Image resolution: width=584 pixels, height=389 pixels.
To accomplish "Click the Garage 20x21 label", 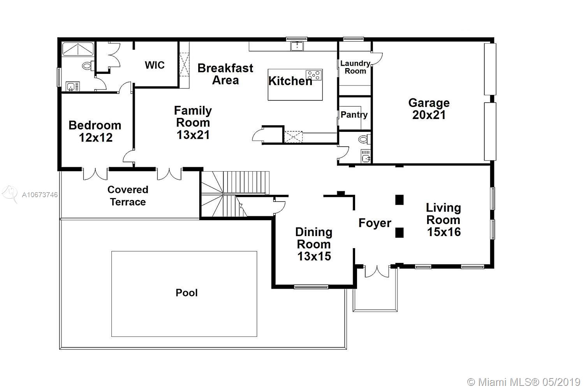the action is point(429,109).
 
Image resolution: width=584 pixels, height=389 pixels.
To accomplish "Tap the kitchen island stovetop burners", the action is point(314,75).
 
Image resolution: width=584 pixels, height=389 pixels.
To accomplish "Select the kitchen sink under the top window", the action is point(297,46).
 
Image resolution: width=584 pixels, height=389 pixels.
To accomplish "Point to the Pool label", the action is point(186,293).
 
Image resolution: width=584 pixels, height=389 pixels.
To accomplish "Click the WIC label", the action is point(155,65).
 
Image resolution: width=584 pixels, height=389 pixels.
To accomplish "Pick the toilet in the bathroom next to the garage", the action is point(364,139).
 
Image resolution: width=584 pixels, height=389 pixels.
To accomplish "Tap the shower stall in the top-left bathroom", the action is point(78,49).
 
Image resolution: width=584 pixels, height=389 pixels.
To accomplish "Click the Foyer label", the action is point(375,223).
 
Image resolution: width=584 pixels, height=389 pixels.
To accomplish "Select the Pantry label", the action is point(354,115).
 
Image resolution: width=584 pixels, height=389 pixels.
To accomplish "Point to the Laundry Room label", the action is point(355,67).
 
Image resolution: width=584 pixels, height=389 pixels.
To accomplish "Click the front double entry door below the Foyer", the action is point(377,271).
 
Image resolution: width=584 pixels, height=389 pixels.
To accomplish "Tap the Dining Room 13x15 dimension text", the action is point(314,256).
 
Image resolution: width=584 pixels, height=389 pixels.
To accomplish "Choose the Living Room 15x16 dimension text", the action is point(444,232).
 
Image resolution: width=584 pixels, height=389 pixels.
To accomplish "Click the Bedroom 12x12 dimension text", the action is point(95,138).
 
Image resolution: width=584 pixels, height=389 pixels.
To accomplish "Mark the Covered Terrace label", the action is point(128,196).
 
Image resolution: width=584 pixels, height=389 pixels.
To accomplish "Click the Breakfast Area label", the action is point(225,74).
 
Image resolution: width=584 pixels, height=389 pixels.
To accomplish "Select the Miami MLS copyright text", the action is point(524,382).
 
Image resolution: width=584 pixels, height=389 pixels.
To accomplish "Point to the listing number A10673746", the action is point(40,194).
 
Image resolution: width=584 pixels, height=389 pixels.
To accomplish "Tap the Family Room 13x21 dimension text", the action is point(193,135).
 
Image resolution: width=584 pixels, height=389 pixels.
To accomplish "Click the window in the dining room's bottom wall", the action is point(311,287).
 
